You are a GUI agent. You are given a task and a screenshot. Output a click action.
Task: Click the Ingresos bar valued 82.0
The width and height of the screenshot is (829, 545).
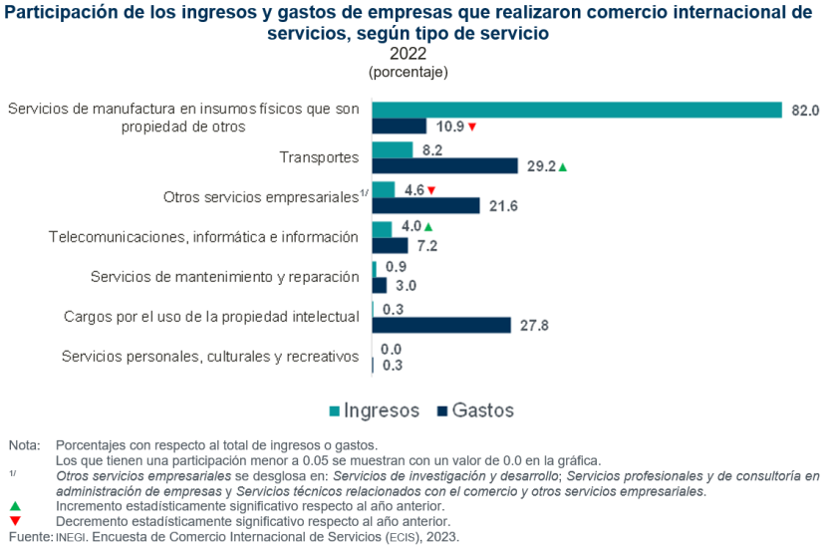click(x=576, y=110)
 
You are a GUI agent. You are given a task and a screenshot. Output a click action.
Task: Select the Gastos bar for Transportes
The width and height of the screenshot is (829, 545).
click(x=444, y=165)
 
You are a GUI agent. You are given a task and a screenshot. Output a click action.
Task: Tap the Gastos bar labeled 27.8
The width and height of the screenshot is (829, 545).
click(x=440, y=325)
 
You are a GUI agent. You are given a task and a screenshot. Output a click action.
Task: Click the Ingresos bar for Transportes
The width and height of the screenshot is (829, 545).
click(x=392, y=149)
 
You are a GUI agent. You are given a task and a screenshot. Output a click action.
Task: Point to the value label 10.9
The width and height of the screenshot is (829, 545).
click(x=449, y=127)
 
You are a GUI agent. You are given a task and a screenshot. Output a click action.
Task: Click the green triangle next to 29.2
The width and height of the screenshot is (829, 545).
click(x=563, y=166)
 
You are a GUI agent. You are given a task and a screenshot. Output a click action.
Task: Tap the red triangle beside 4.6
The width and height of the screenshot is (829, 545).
click(x=431, y=189)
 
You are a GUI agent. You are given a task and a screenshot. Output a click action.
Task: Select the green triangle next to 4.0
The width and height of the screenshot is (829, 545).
click(x=428, y=228)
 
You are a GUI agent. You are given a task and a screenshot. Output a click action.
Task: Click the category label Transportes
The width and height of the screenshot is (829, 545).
click(x=319, y=157)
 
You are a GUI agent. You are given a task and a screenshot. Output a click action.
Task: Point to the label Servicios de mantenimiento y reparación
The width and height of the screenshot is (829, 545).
click(x=224, y=276)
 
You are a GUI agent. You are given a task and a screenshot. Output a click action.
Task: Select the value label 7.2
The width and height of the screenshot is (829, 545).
click(x=427, y=245)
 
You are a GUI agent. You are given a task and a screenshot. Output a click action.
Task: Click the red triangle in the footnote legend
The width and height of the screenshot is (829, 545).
click(x=15, y=520)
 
